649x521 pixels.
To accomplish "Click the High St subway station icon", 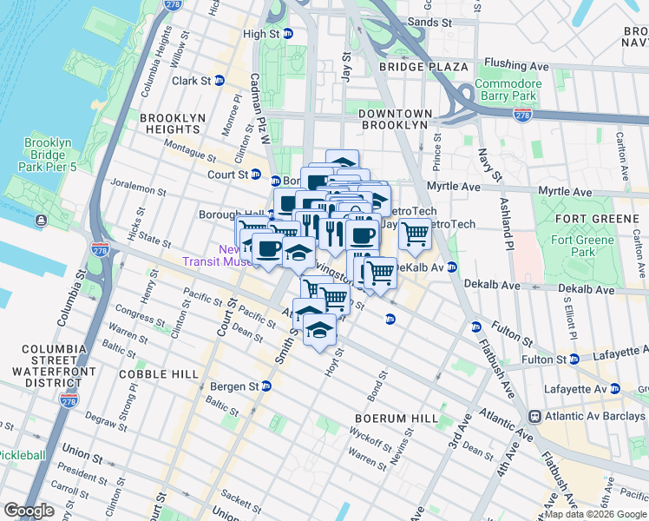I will click(x=289, y=34).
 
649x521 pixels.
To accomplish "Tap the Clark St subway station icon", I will click(x=220, y=81).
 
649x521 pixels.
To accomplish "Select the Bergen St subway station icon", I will click(x=267, y=386).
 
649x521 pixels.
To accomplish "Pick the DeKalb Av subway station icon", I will click(x=453, y=268).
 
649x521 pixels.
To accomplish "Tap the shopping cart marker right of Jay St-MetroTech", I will click(x=415, y=234).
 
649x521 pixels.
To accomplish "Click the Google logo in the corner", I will click(x=29, y=511).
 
